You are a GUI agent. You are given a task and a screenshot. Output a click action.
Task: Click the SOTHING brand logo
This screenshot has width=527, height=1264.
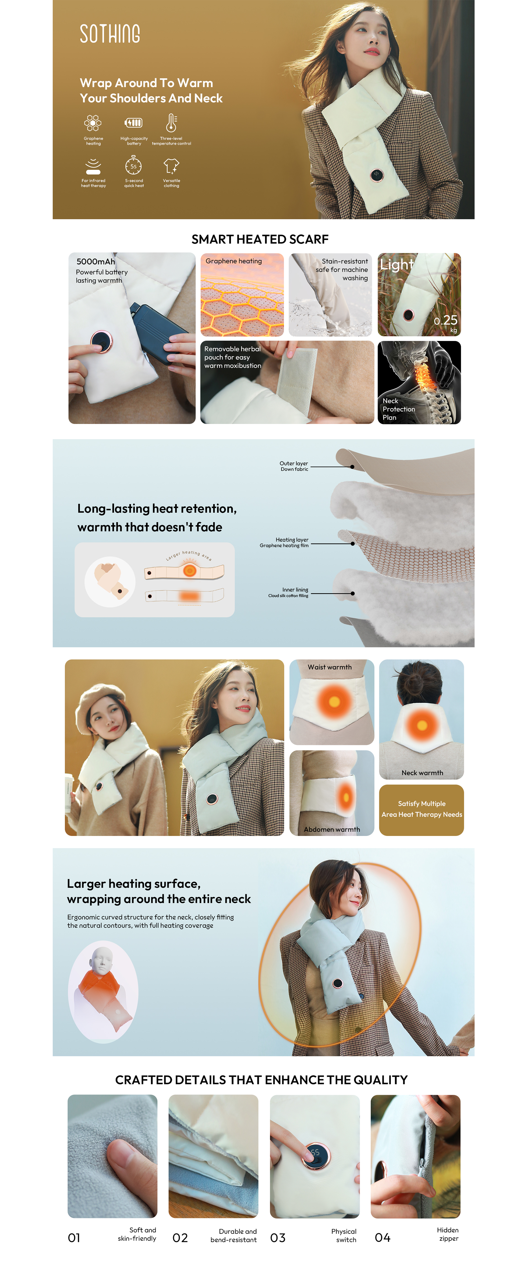[x=110, y=33]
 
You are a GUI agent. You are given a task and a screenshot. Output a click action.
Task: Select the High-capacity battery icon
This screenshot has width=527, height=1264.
[x=133, y=123]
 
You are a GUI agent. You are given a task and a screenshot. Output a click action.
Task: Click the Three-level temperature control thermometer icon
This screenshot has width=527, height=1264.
[x=171, y=123]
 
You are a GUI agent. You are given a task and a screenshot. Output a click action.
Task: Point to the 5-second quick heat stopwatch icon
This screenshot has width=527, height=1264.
[x=133, y=165]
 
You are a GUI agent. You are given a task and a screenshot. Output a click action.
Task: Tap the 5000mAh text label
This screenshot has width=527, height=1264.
[x=96, y=261]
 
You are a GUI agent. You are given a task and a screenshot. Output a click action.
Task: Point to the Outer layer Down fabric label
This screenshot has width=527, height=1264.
[x=294, y=466]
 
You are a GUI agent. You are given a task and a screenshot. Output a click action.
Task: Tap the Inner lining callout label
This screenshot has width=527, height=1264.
[x=288, y=592]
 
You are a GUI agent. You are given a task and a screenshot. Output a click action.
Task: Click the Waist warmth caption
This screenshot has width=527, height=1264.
[x=330, y=667]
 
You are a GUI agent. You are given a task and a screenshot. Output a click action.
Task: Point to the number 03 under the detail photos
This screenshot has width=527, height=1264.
[x=278, y=1238]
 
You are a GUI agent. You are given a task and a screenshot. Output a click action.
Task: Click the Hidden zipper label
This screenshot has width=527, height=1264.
[x=448, y=1234]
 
